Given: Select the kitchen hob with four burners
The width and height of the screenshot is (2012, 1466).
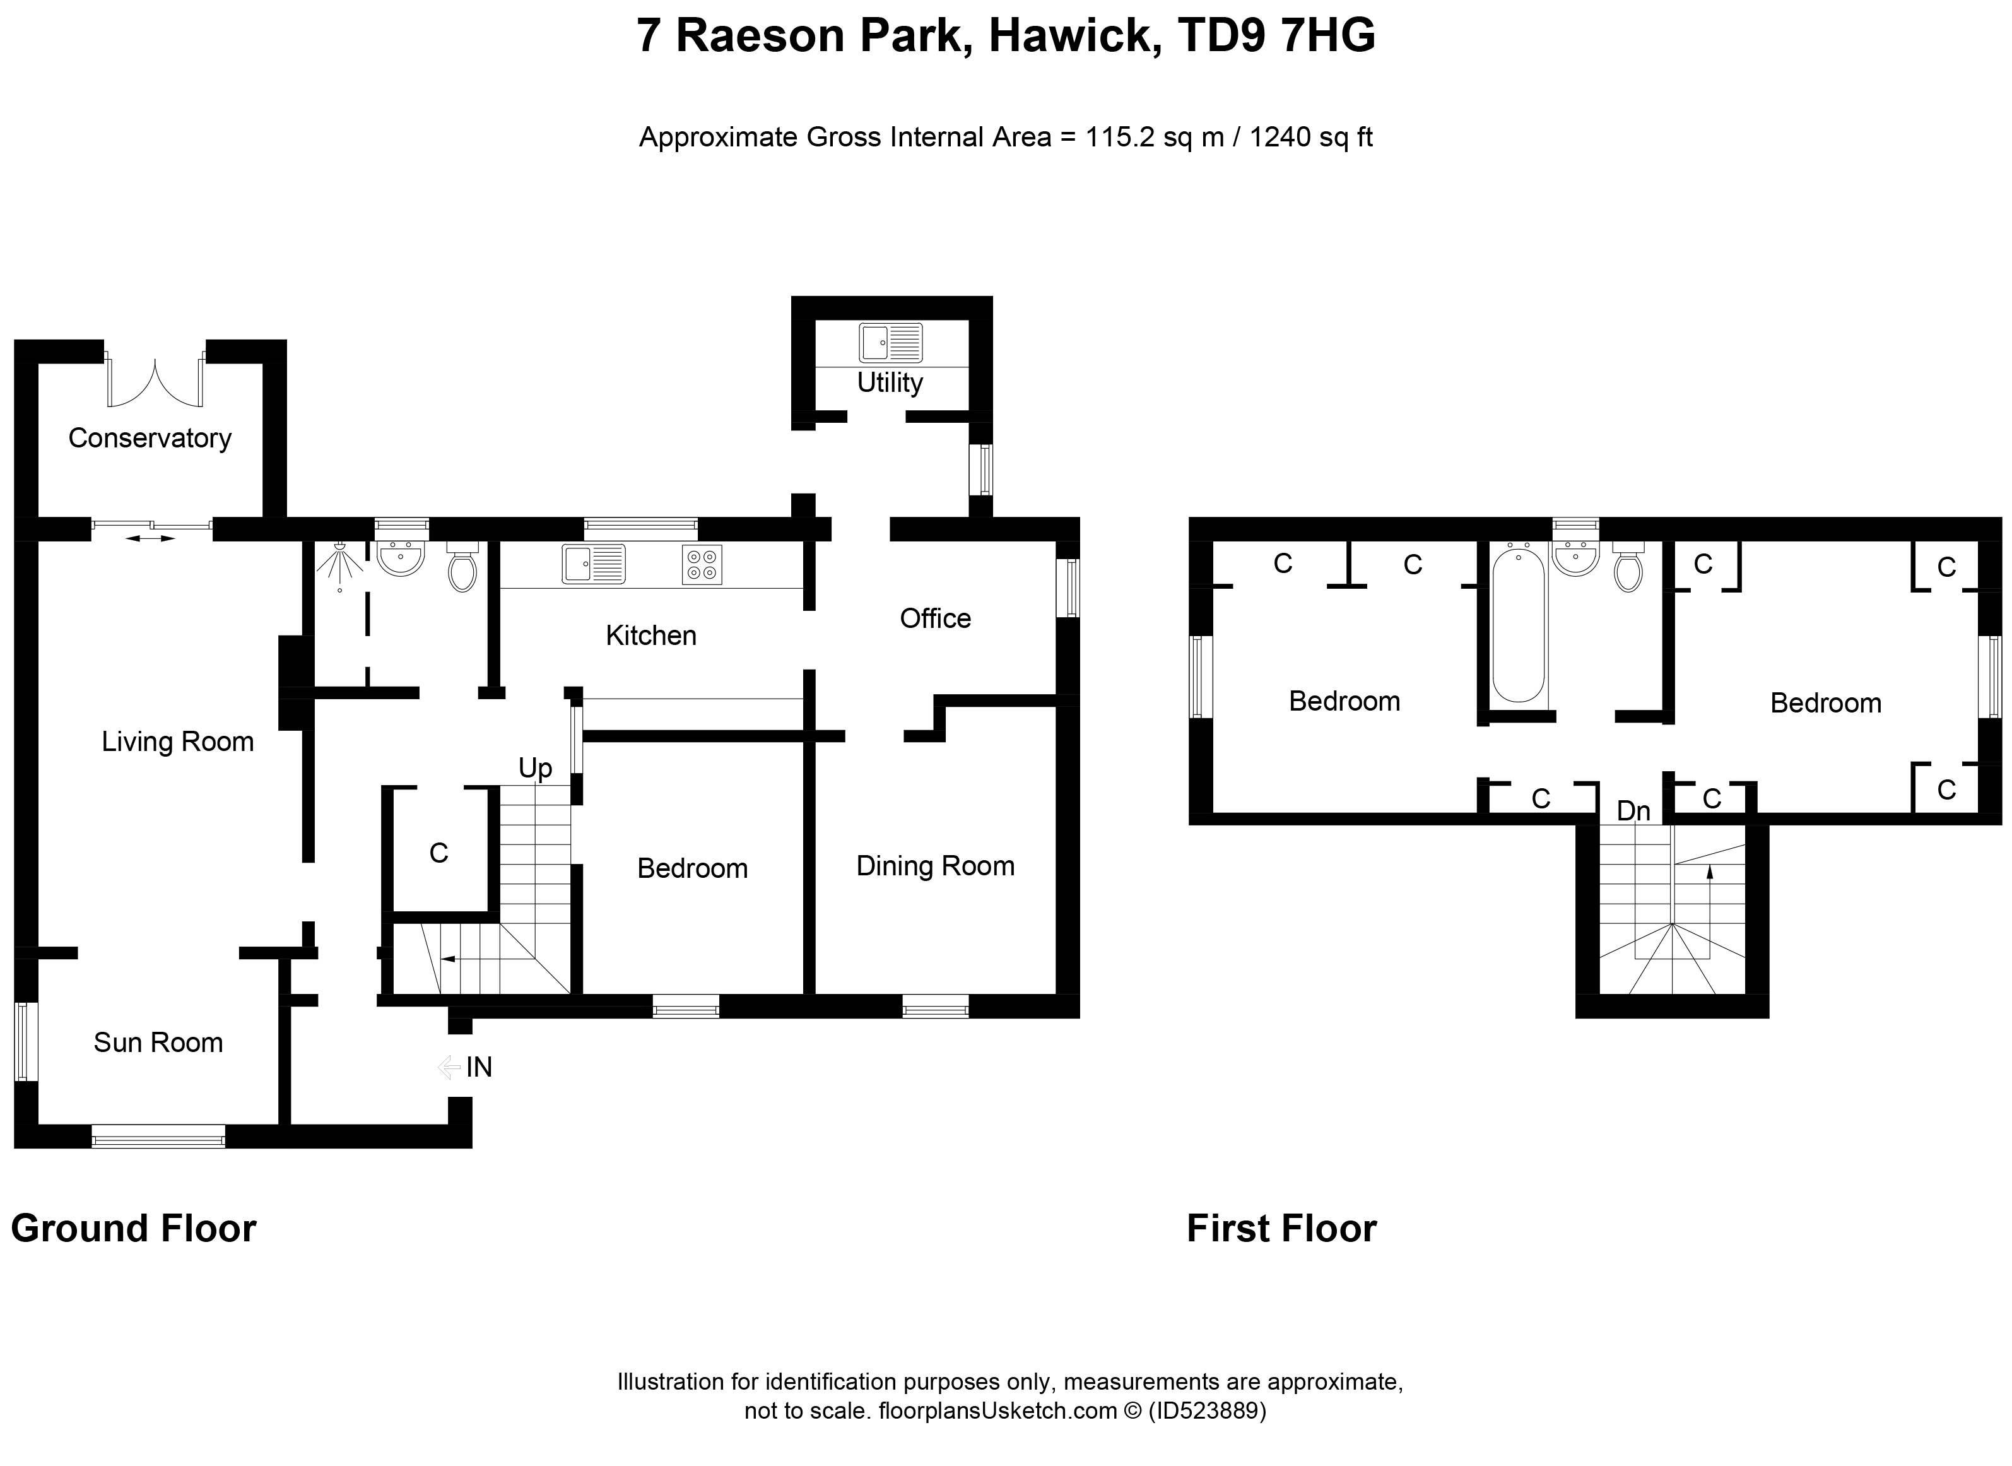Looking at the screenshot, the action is click(702, 564).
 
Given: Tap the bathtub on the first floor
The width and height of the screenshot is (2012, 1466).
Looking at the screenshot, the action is click(1518, 625).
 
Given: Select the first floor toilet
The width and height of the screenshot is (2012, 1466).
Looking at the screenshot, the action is click(1627, 566).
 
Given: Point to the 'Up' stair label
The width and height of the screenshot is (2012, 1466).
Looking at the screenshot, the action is click(535, 769).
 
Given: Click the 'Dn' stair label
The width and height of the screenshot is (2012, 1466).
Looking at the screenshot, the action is click(1633, 811).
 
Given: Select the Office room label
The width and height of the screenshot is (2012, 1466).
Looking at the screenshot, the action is click(935, 618).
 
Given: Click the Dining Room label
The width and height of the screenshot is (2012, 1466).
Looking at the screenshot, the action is click(935, 866).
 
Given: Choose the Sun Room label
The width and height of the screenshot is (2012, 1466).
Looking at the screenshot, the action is click(158, 1043).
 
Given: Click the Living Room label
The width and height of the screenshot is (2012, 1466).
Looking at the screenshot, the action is click(177, 742).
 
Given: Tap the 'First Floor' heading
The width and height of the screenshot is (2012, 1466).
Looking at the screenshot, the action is click(1281, 1229).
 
